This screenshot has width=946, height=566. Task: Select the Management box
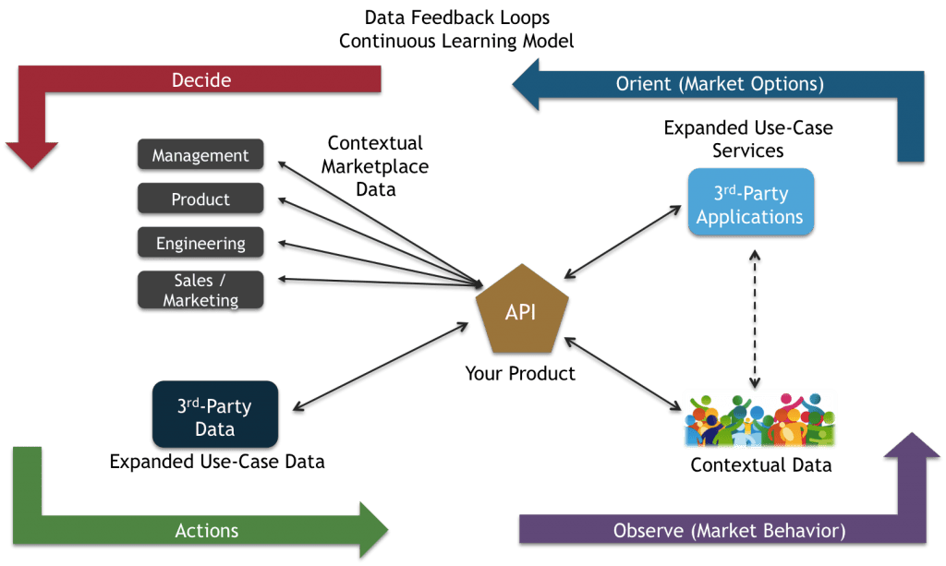tap(200, 156)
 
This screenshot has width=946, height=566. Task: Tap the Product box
tap(200, 199)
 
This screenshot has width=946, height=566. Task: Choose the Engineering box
tap(200, 244)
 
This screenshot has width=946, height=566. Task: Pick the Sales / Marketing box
tap(200, 290)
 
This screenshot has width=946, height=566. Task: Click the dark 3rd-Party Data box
tap(214, 417)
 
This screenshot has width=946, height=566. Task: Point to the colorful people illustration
tap(759, 420)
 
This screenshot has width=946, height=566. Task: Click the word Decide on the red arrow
tap(200, 80)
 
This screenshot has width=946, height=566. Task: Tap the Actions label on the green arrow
tap(207, 530)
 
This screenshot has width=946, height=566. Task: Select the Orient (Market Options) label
tap(720, 84)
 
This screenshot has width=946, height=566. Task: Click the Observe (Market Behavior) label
tap(729, 531)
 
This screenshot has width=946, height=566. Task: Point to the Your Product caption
tap(520, 374)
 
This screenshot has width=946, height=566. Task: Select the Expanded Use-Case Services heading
tap(747, 138)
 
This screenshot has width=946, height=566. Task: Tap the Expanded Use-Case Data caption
tap(217, 461)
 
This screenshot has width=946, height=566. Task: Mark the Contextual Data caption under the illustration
tap(760, 464)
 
